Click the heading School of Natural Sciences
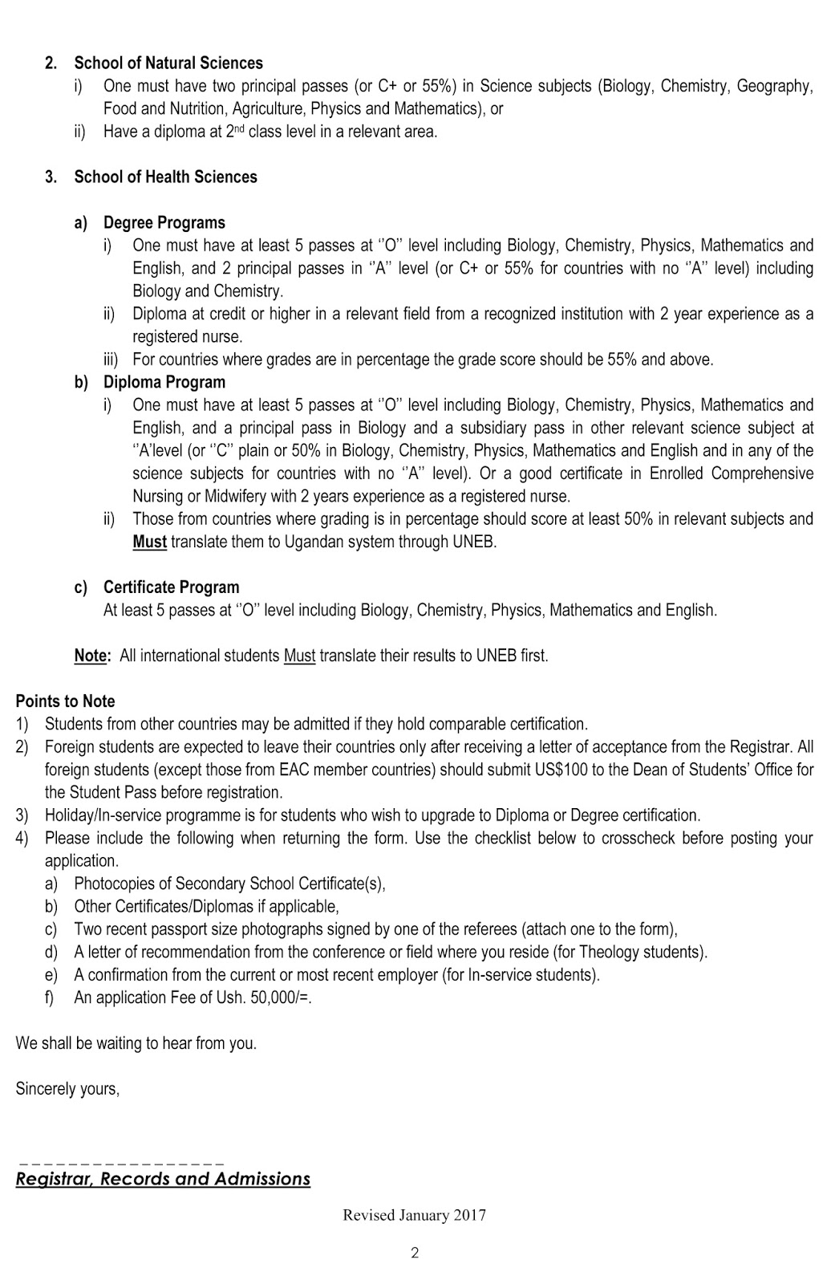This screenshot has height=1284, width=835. click(168, 63)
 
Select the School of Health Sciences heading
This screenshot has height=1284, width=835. click(166, 177)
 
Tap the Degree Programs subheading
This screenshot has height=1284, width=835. click(164, 222)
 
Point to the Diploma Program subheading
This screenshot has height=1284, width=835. click(164, 382)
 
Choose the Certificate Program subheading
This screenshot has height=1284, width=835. click(171, 587)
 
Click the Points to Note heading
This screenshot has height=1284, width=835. click(65, 701)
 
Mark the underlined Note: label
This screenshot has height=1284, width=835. click(91, 656)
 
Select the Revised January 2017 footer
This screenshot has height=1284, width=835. click(414, 1215)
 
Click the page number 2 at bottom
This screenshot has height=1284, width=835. click(415, 1253)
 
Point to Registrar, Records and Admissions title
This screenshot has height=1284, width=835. click(163, 1179)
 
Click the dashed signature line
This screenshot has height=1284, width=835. click(120, 1162)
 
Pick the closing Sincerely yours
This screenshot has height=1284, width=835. click(67, 1089)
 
